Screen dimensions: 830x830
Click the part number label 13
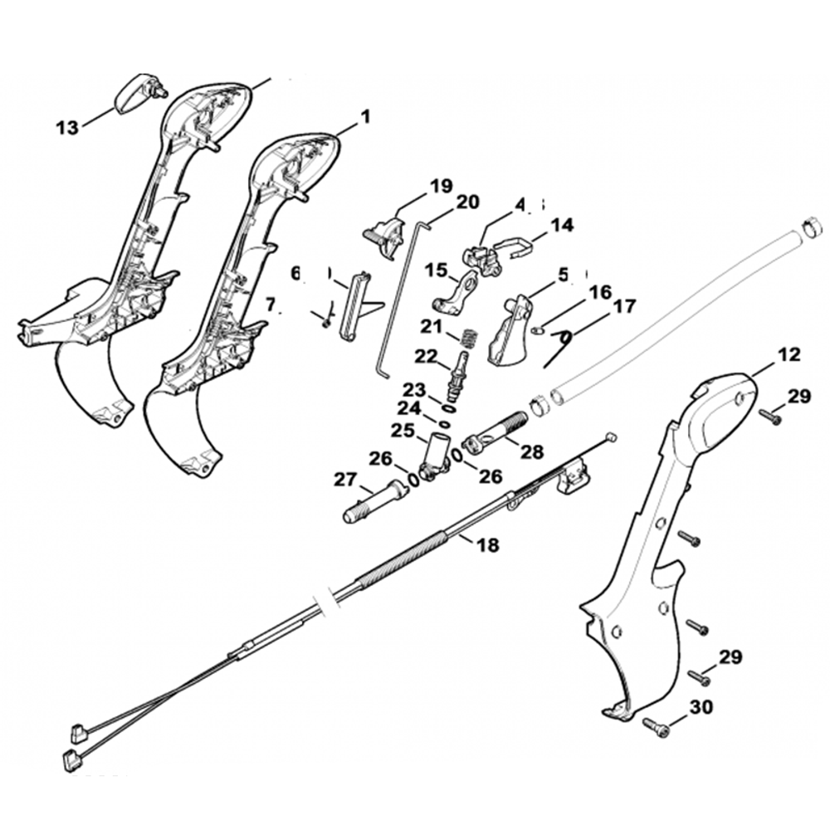click(x=67, y=127)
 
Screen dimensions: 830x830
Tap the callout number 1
click(x=364, y=119)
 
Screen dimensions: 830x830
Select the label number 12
click(x=789, y=355)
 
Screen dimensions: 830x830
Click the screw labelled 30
click(x=656, y=728)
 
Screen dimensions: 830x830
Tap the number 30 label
click(x=701, y=708)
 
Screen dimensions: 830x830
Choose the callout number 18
click(x=489, y=544)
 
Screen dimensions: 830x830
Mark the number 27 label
click(x=344, y=479)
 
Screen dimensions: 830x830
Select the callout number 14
click(x=562, y=225)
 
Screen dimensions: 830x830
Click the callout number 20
click(x=468, y=202)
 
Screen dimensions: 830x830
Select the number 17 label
click(x=623, y=308)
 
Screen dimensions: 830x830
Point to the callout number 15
click(x=436, y=271)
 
